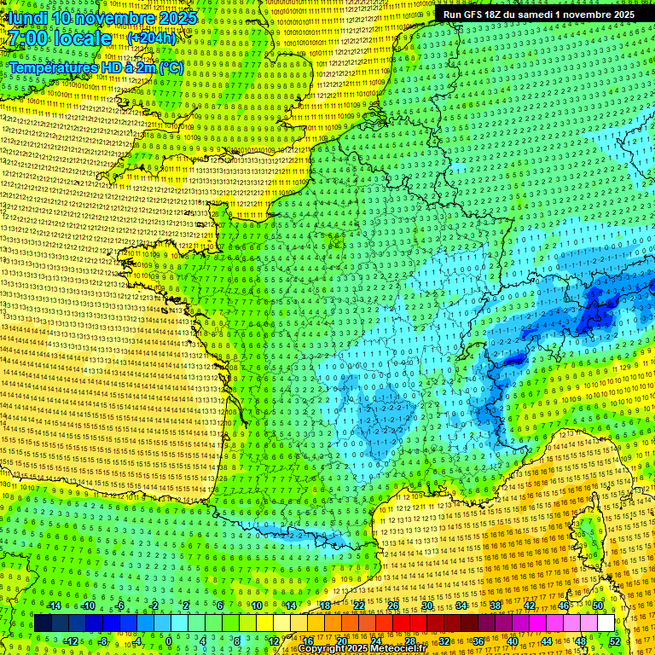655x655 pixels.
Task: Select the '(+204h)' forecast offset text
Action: click(151, 38)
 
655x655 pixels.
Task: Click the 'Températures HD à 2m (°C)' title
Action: click(96, 67)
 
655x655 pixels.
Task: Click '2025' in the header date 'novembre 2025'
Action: click(177, 18)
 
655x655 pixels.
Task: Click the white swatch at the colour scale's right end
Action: click(605, 623)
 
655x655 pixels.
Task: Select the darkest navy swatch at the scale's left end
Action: click(43, 623)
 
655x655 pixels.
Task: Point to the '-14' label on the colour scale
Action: click(54, 606)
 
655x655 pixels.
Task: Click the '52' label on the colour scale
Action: click(615, 641)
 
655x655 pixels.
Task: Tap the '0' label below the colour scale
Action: click(170, 641)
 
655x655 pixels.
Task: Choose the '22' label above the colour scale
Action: click(359, 606)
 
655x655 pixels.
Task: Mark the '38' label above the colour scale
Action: click(496, 606)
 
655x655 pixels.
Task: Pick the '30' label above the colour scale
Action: click(427, 606)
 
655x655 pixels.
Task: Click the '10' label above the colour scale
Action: click(257, 606)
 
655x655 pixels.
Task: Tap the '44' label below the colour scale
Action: click(547, 641)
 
